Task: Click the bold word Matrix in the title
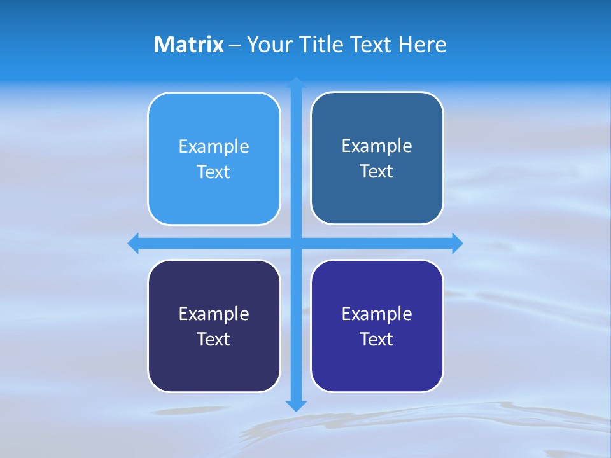pos(188,45)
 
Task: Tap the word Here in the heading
pos(422,45)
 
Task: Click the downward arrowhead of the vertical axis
pos(296,405)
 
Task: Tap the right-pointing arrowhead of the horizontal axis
pos(457,243)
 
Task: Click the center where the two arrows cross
pos(296,243)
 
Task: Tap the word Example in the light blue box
pos(214,147)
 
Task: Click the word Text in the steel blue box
pos(377,172)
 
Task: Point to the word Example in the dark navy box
pos(214,314)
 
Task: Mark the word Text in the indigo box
pos(377,339)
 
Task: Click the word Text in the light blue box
pos(214,172)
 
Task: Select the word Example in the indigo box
pos(377,314)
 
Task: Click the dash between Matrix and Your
pos(235,46)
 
